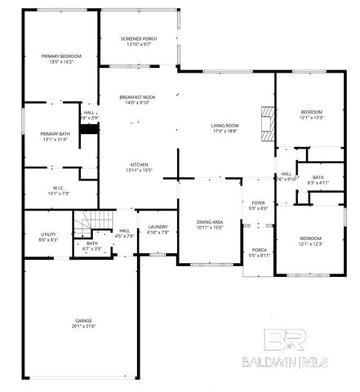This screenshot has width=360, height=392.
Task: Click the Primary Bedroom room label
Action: (x=61, y=56)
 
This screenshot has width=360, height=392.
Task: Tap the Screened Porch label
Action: (x=138, y=39)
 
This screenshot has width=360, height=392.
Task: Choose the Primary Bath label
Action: (x=55, y=133)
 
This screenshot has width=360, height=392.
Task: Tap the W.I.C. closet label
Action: (x=53, y=189)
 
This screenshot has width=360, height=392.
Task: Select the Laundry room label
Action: (x=157, y=228)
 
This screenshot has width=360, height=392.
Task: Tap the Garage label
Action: (x=79, y=321)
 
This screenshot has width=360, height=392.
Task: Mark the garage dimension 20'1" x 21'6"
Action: (x=79, y=327)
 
